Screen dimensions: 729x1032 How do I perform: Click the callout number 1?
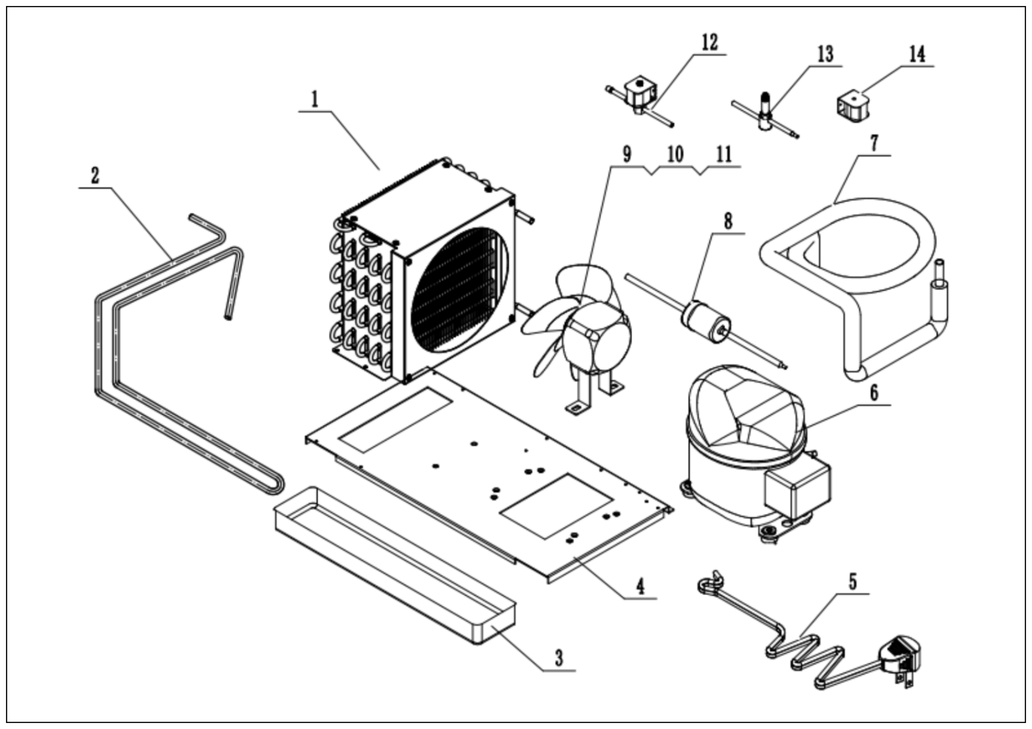315,99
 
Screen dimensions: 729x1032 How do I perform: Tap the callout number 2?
95,176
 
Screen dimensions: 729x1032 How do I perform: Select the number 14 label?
917,54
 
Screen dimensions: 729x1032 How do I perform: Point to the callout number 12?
710,43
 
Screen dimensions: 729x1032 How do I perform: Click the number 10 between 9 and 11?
675,154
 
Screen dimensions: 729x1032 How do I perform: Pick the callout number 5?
853,581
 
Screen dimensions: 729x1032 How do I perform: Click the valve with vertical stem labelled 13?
765,114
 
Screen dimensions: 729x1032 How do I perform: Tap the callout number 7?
874,143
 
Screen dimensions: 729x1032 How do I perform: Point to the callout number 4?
640,586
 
